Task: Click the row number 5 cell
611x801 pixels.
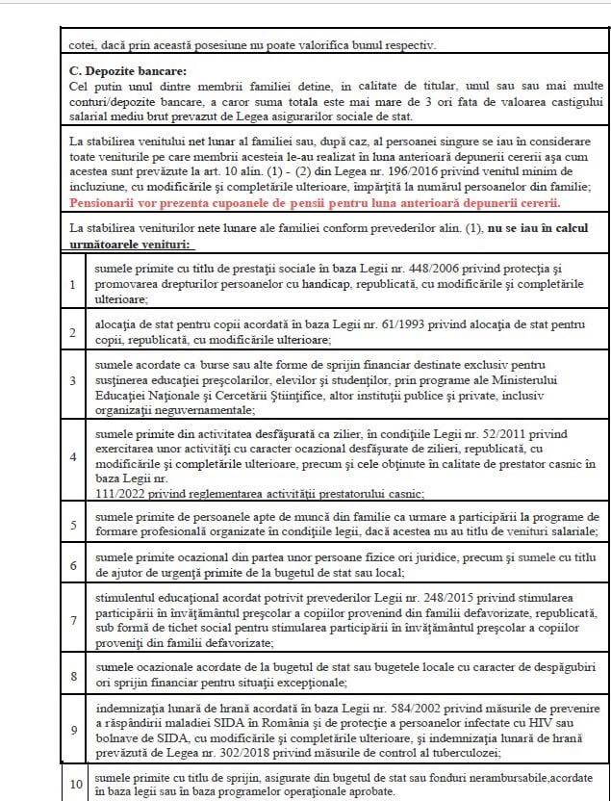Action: [73, 526]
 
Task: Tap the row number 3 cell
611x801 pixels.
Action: [73, 380]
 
